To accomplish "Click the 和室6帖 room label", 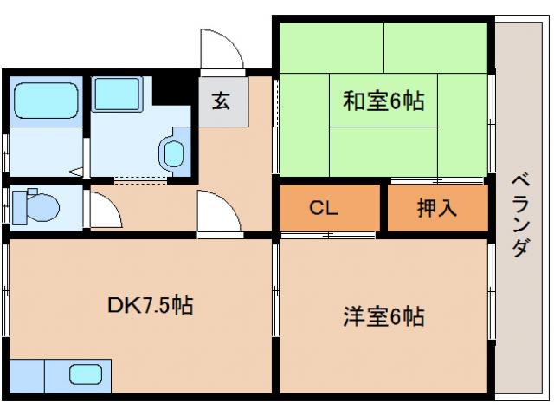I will [383, 101].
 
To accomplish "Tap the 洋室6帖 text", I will [382, 316].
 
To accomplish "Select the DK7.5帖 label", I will [150, 305].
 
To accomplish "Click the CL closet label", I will [324, 209].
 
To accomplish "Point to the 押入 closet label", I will [436, 209].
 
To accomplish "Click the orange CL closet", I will [330, 209].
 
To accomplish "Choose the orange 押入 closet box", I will [437, 209].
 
